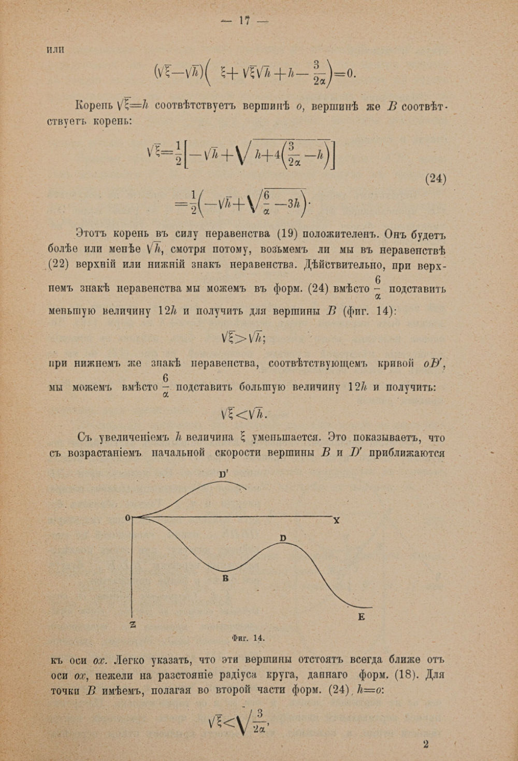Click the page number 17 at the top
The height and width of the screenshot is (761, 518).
click(x=244, y=21)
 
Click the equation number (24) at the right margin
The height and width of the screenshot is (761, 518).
click(x=435, y=179)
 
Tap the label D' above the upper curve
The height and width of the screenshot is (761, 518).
click(x=224, y=474)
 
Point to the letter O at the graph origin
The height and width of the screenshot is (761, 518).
click(x=127, y=518)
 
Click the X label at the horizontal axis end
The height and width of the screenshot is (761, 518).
click(x=336, y=520)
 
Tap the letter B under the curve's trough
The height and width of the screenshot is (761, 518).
click(x=225, y=578)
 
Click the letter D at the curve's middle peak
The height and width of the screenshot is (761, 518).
click(x=283, y=539)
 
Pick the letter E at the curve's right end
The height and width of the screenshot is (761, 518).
click(x=361, y=617)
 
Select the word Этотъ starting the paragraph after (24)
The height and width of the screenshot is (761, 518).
click(x=96, y=232)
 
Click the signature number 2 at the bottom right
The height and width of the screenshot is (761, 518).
click(x=426, y=744)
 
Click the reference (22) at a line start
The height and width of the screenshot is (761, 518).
click(x=59, y=264)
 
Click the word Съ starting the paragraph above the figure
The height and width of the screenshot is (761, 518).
click(x=84, y=437)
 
